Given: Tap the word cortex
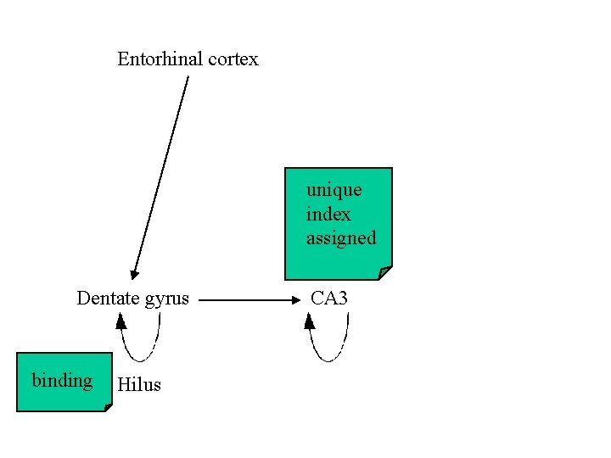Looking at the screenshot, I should pos(230,59).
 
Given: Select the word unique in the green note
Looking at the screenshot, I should pos(334,190).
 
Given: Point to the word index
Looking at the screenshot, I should pos(328,214).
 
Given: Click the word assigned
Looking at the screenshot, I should pos(340,238).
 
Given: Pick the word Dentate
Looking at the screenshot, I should pos(104,299).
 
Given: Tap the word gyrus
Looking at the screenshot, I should pos(165,299).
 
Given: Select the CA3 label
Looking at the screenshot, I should pos(329,299).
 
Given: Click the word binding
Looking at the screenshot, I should pos(62,380).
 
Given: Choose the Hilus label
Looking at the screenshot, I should pos(139,385).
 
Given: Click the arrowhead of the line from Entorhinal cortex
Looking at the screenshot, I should pos(133,274).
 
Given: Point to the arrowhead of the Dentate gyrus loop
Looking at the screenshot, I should pos(121,321).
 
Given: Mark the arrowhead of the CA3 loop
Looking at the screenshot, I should pos(310,321).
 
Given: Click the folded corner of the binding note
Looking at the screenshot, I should pos(108,407).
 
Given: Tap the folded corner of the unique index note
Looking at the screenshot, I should pos(385,272).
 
